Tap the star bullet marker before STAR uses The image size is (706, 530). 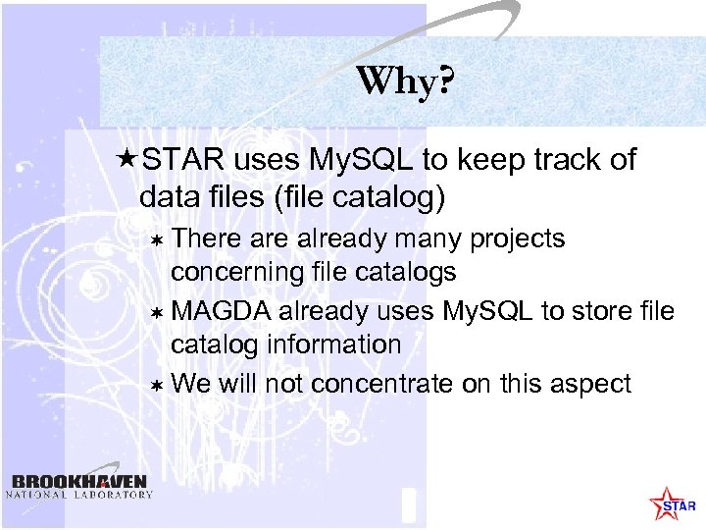[x=125, y=160]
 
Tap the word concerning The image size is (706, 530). [x=235, y=270]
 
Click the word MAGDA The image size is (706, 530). [x=221, y=311]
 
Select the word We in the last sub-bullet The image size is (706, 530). [x=190, y=383]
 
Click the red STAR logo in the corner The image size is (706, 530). [x=673, y=503]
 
